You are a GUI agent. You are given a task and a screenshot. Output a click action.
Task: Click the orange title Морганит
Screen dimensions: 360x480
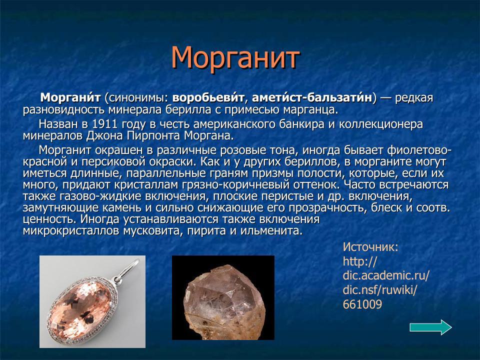(235, 58)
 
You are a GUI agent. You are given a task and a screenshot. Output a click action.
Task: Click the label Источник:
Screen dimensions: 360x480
(370, 247)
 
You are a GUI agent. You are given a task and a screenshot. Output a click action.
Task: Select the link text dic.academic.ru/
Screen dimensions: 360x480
(386, 275)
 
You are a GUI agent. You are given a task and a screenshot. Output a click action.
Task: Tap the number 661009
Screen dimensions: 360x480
(362, 304)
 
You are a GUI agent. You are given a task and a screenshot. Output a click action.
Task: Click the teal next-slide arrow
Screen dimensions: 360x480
(430, 327)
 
